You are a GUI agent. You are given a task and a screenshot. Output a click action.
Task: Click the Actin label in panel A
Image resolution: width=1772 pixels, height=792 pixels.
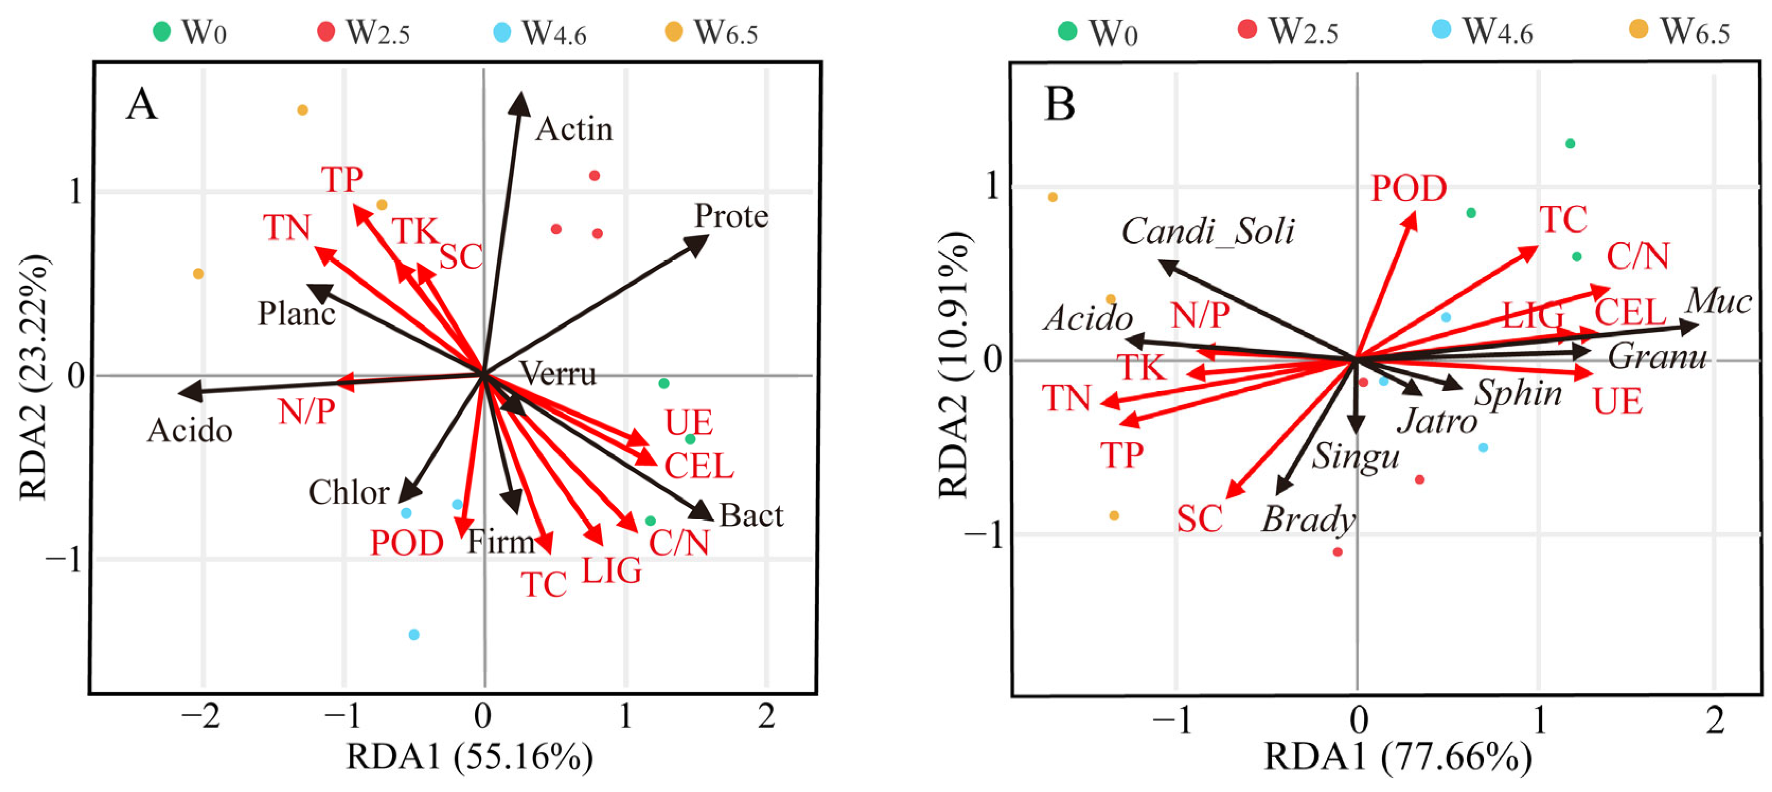pos(574,129)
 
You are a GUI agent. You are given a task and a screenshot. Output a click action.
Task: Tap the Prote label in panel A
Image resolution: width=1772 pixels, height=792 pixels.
pos(731,216)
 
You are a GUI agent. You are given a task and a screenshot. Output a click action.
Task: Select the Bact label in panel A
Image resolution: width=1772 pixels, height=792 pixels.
pos(751,515)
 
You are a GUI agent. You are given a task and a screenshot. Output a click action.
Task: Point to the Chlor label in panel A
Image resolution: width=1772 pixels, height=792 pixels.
pos(349,492)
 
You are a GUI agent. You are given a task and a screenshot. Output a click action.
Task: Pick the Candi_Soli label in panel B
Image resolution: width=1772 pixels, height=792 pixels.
pos(1207,232)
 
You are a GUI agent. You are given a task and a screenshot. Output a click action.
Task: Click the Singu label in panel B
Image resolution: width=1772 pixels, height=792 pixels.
pos(1354,456)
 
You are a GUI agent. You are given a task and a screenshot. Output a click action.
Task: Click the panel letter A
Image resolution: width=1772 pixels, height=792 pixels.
pos(141,105)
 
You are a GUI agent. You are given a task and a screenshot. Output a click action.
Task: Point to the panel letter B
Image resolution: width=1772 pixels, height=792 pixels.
pos(1059,105)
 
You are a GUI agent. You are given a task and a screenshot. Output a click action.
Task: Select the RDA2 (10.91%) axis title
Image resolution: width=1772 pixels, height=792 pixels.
pos(955,364)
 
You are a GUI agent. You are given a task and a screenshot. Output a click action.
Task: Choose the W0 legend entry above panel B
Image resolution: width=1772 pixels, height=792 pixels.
pos(1098,32)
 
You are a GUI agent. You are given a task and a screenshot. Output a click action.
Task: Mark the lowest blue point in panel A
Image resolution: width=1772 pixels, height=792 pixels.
pos(413,635)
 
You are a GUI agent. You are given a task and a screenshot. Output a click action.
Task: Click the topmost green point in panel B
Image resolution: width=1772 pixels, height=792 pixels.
pos(1570,144)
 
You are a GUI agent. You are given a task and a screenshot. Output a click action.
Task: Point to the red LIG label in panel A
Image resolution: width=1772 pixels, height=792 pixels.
pos(612,570)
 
